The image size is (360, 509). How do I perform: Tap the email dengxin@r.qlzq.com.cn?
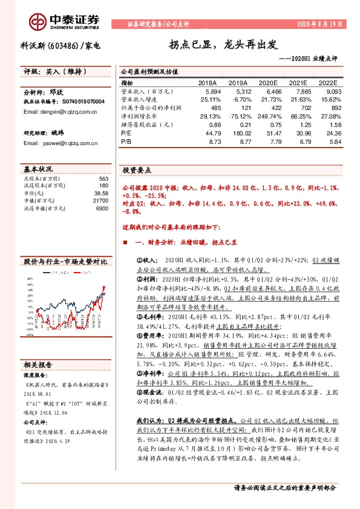point(57,112)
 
